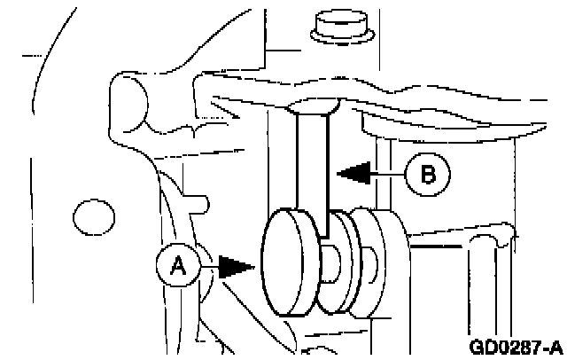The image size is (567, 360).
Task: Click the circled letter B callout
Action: click(x=428, y=175)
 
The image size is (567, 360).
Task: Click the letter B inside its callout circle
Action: click(x=428, y=175)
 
